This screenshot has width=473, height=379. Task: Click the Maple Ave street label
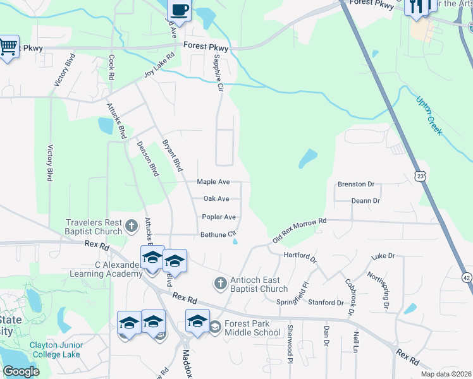213,181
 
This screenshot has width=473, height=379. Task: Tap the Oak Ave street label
216,198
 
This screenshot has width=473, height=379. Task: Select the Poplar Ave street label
218,217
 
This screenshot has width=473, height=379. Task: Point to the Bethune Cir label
218,234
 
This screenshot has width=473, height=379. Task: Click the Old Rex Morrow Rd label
299,231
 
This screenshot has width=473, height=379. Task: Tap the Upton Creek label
429,116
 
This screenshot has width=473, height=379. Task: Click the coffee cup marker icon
179,10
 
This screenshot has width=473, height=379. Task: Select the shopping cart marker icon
8,46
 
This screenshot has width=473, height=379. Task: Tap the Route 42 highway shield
467,277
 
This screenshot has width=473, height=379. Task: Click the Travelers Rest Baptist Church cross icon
132,226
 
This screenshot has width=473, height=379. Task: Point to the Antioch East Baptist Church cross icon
220,283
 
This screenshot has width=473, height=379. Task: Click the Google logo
21,371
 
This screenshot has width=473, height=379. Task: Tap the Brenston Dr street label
356,184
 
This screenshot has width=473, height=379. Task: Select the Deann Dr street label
366,200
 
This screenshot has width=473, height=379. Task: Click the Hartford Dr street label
300,256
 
